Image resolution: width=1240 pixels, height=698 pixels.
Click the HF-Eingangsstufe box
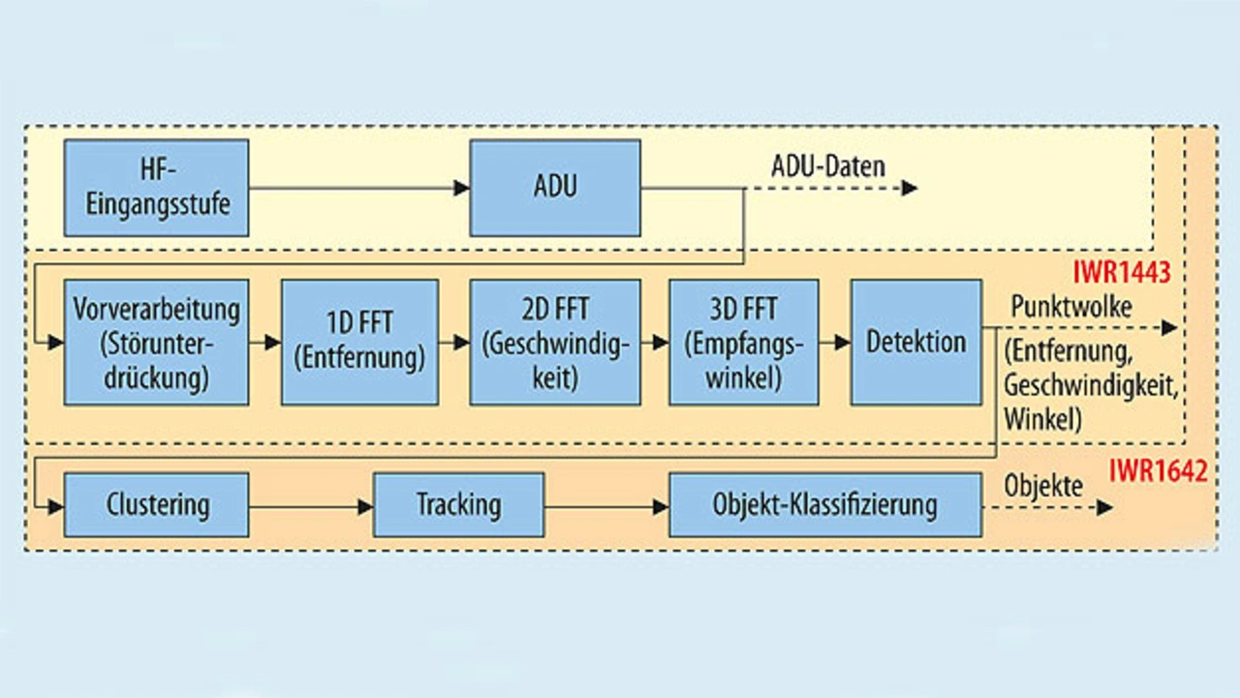156,188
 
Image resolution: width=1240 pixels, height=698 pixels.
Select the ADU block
554,188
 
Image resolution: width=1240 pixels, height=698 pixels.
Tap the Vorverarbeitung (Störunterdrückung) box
156,342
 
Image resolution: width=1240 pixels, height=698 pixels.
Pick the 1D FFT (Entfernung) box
359,342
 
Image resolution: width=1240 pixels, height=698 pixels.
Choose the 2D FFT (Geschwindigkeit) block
554,342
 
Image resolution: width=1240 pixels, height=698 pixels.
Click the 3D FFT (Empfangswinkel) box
743,342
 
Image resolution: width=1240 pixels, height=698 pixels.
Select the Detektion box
915,342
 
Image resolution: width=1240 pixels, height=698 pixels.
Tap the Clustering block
156,504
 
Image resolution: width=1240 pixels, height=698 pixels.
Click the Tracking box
458,504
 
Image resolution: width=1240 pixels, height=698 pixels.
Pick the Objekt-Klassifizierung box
824,504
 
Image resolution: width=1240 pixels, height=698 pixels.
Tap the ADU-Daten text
828,167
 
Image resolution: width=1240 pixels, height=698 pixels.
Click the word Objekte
1043,485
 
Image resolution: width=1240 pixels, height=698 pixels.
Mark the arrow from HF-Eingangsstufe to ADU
358,188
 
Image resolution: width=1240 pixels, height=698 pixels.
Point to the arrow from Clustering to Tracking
311,505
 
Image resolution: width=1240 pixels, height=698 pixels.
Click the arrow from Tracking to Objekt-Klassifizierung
606,505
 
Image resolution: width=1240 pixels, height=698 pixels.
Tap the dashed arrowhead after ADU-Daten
909,188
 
